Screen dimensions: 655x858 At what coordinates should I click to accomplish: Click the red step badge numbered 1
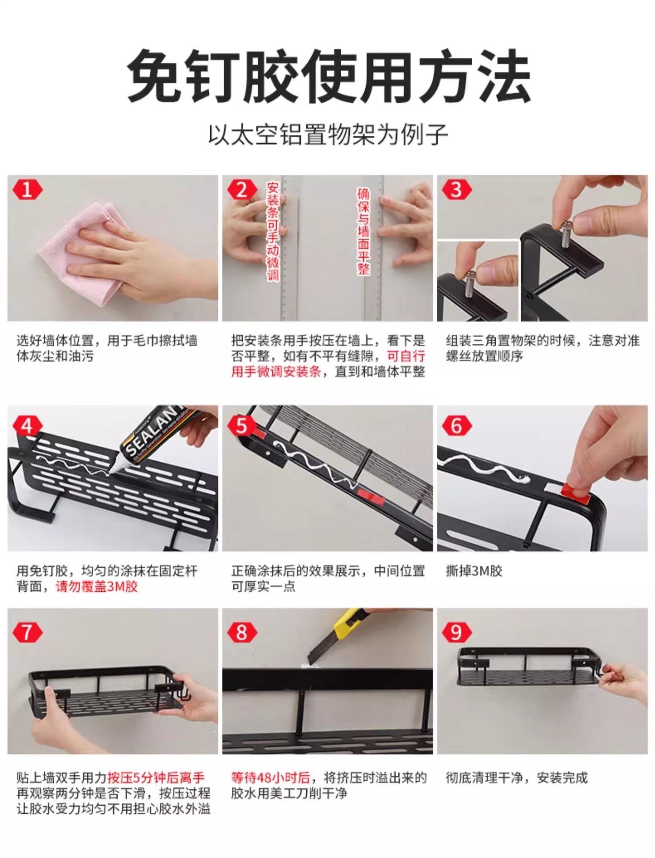(x=27, y=190)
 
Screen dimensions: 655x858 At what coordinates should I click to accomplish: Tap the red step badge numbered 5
(x=241, y=425)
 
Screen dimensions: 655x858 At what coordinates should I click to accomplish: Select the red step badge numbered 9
(x=456, y=632)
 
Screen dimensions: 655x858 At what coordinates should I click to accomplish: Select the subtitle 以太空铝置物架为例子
(x=328, y=135)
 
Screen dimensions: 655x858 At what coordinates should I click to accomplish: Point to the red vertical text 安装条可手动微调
(x=273, y=231)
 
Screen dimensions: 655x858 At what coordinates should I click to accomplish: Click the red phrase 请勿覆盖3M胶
(x=97, y=586)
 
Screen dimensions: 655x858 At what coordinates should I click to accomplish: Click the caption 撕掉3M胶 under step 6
(x=474, y=571)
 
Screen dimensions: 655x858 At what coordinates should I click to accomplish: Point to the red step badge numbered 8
(x=241, y=632)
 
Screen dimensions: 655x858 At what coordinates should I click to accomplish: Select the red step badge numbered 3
(x=456, y=190)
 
